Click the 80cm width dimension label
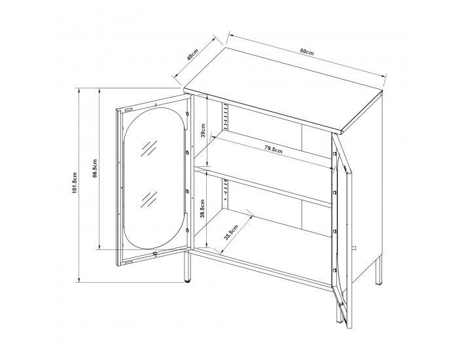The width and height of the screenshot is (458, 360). coord(307,52)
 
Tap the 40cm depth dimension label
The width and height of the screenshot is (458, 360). coord(192,54)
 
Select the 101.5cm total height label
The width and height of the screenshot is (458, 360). coord(74,183)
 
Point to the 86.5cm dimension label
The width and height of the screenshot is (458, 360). coord(95,169)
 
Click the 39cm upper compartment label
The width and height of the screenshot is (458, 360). coord(203,130)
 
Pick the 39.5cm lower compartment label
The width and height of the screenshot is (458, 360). coord(202,209)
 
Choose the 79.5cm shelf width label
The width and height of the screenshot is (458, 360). coord(273,149)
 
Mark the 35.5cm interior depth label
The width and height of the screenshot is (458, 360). coord(231,232)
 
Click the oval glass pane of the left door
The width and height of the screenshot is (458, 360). coord(154,179)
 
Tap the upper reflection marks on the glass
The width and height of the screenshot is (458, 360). coord(149,149)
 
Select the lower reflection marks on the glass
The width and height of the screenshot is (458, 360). coord(149,200)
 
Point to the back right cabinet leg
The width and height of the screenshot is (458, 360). coord(379,270)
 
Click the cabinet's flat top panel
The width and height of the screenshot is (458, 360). coord(283,90)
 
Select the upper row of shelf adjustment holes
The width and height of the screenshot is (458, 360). coord(226,117)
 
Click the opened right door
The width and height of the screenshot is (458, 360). coord(342,231)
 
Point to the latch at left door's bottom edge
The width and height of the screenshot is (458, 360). coord(155,253)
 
